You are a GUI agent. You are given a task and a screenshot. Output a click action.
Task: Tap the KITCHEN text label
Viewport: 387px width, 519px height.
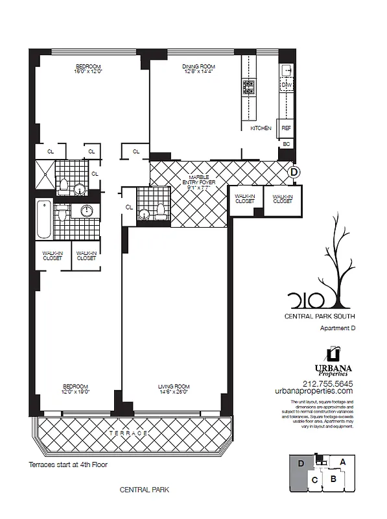pos(261,128)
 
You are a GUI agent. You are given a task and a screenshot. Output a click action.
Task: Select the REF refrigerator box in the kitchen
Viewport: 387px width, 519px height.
pos(286,128)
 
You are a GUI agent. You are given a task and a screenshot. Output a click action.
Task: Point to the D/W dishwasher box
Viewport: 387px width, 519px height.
pos(287,85)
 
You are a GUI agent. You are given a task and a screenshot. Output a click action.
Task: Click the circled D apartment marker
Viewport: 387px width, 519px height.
pos(294,172)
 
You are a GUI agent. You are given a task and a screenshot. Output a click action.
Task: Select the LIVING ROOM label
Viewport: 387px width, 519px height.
pos(173,388)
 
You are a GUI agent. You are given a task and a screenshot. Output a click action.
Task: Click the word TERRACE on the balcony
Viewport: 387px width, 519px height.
pos(134,433)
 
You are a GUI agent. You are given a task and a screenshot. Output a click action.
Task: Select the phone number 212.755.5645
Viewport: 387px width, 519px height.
pos(322,382)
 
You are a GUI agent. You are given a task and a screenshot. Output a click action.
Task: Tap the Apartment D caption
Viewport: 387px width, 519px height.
pos(338,328)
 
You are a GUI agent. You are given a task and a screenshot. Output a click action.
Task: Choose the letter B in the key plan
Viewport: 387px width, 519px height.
pos(333,479)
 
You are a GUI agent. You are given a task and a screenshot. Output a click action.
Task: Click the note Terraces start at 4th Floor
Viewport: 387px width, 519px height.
pos(68,465)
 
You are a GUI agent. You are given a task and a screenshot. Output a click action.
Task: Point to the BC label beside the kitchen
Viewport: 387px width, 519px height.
pos(286,144)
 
